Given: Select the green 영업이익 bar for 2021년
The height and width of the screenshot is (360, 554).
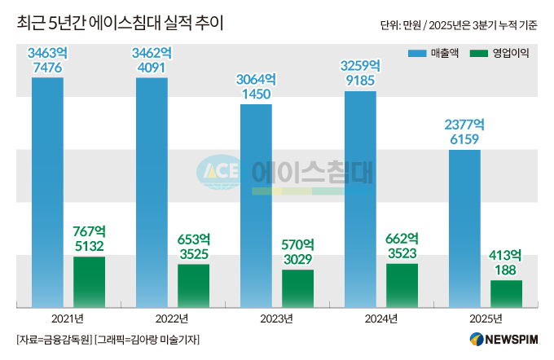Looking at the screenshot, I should tap(89, 282).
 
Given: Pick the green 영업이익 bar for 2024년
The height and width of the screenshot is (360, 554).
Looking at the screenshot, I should tap(402, 285).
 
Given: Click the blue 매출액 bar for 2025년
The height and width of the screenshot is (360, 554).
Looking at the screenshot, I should tap(464, 228).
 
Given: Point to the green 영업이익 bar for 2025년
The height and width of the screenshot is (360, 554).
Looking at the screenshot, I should tap(506, 293).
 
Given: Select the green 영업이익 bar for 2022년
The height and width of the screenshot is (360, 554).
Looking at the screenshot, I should tap(193, 285).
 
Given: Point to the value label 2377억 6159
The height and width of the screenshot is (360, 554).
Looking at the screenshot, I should tap(464, 132).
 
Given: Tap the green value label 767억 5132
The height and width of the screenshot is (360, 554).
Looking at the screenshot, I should tap(89, 238).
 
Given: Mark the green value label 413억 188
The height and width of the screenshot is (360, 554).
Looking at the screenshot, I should tap(506, 261).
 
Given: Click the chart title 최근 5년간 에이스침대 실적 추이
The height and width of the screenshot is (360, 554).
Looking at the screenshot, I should tap(121, 23).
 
